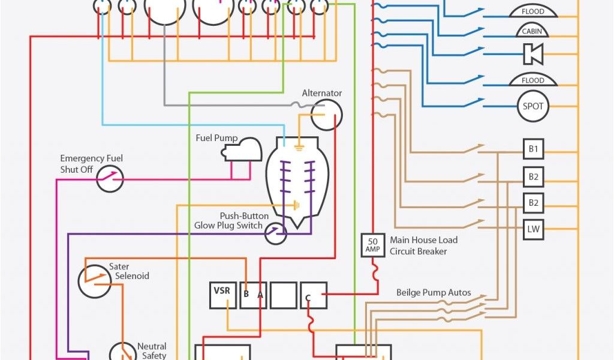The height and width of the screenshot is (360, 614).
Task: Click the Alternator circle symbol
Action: (x=327, y=115)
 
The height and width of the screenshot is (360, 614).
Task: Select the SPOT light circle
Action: (x=532, y=106)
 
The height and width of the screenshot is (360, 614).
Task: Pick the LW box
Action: (x=533, y=229)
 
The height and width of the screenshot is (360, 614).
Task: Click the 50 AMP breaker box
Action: (x=372, y=245)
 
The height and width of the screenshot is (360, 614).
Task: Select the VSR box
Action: (x=222, y=295)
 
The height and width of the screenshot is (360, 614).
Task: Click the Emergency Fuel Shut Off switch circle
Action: (x=110, y=179)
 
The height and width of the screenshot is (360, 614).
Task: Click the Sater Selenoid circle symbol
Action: (x=94, y=280)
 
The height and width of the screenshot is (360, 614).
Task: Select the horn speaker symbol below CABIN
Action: (x=532, y=54)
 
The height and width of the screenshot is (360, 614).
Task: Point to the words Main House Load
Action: (x=423, y=240)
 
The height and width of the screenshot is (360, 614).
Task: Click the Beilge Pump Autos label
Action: (x=434, y=293)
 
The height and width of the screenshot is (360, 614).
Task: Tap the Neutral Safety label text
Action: (x=152, y=351)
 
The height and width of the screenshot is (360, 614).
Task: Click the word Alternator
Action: (x=321, y=93)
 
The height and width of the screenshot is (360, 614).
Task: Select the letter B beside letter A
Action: (x=246, y=295)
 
